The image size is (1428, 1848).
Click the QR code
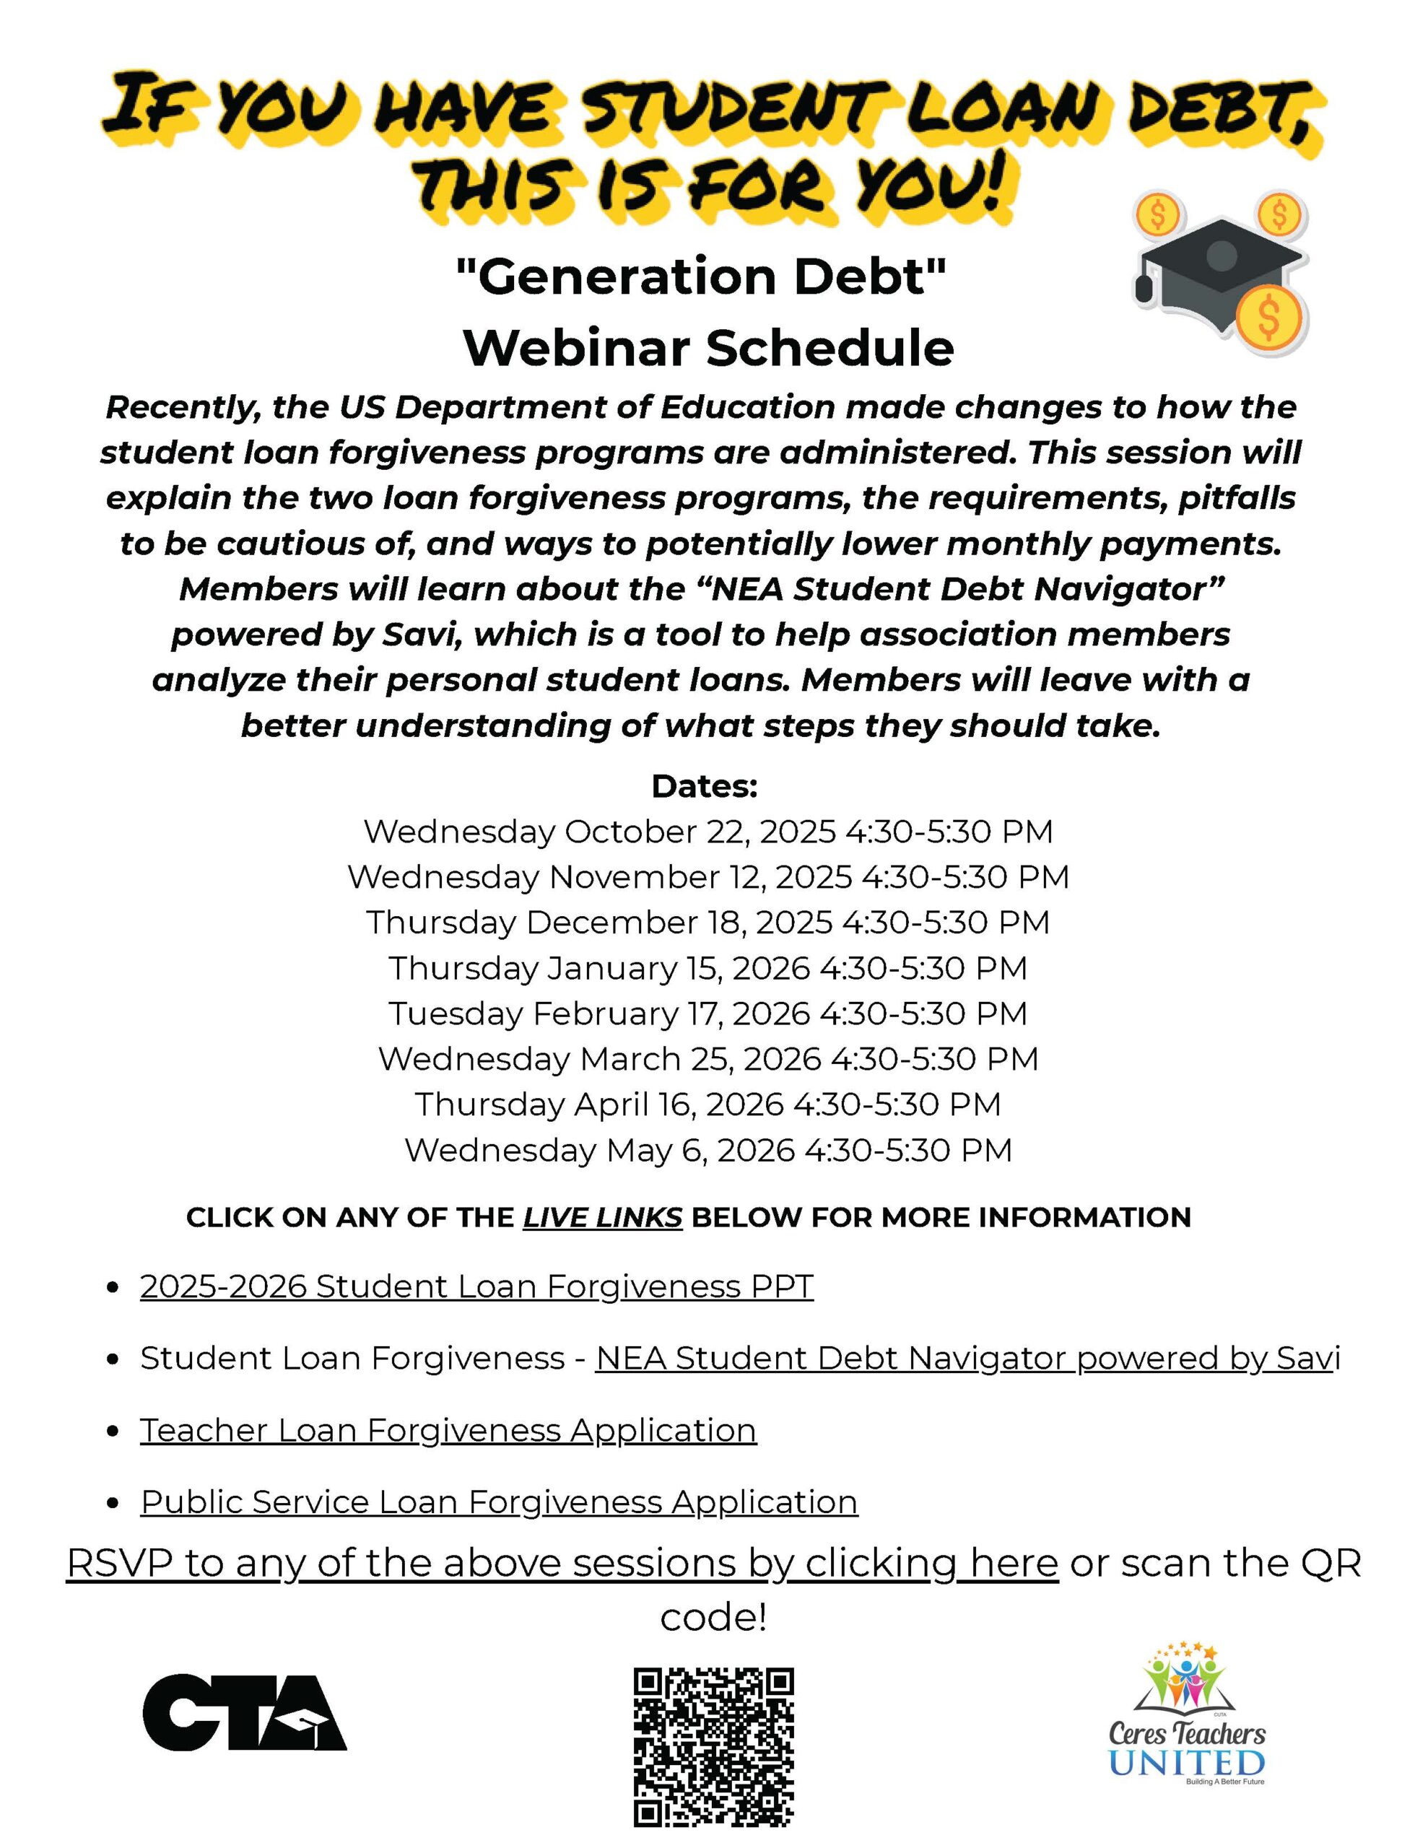pos(713,1746)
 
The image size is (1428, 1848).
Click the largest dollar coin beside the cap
pos(1268,318)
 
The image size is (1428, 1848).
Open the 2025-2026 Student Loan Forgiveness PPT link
pos(476,1286)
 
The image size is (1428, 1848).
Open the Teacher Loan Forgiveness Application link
pos(448,1429)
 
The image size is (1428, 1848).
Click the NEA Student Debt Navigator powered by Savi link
pos(967,1357)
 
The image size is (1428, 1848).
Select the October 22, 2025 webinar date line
pos(708,831)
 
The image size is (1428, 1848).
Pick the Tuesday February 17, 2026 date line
pos(708,1013)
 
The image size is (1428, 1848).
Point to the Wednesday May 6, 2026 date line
pos(708,1150)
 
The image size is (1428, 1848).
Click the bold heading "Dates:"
pos(705,786)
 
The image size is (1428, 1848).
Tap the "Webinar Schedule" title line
pos(708,347)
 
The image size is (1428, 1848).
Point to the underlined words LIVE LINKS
pos(602,1217)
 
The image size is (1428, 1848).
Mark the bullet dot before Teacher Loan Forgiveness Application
pos(113,1431)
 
